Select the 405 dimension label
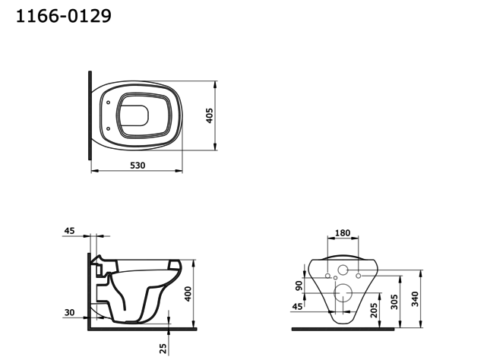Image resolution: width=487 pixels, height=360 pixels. click(210, 115)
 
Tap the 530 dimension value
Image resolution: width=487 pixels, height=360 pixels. click(137, 165)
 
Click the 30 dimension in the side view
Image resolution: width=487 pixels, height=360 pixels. click(70, 312)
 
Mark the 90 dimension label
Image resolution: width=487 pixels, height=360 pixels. click(299, 286)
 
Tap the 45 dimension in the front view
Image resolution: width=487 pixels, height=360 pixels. click(297, 307)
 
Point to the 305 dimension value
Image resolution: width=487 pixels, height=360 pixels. click(394, 302)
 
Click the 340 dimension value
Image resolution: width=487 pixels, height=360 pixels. click(414, 298)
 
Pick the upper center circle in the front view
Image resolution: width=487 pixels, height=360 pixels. click(343, 270)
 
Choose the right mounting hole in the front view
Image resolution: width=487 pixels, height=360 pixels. click(358, 274)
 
